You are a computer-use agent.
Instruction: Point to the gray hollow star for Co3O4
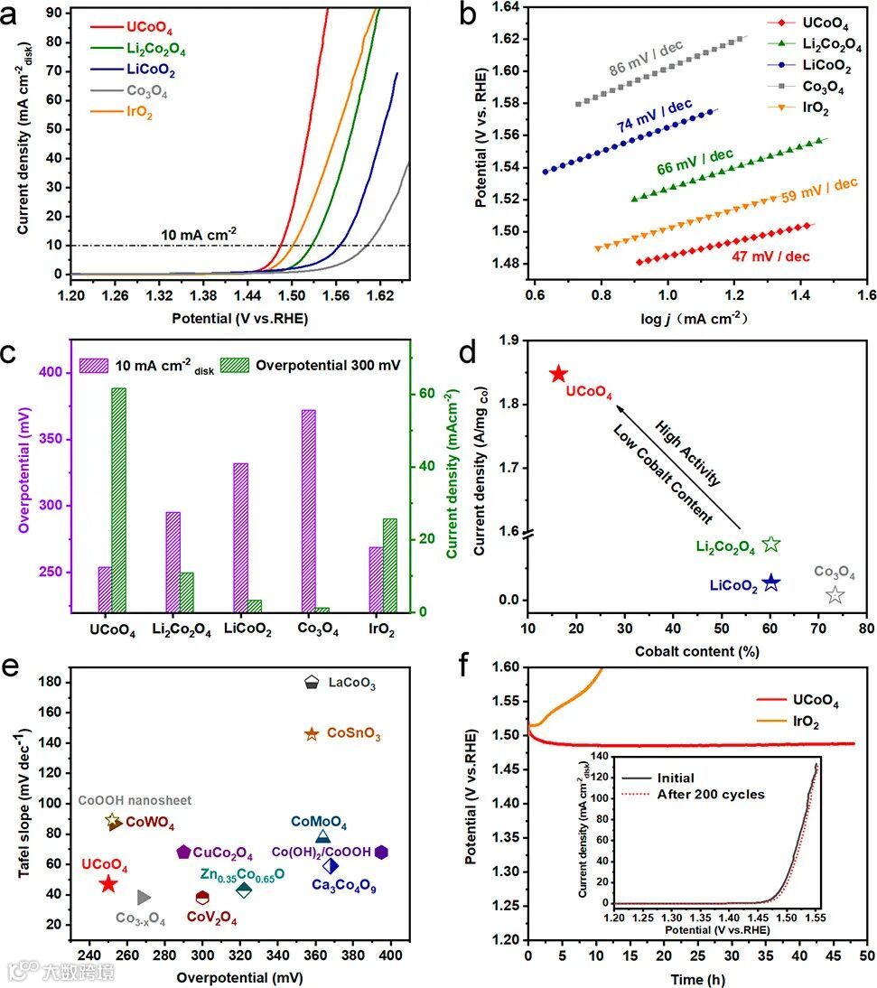coord(835,594)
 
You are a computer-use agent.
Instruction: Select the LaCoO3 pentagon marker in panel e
coord(312,683)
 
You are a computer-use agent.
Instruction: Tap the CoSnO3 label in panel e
coord(353,736)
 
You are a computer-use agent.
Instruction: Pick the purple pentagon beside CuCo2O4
coord(183,852)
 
